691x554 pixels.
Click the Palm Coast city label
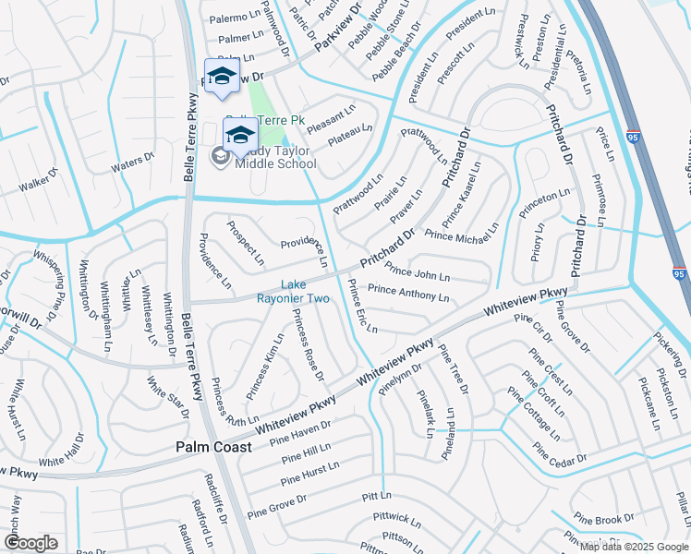[x=213, y=447]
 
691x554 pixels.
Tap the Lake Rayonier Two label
[x=293, y=291]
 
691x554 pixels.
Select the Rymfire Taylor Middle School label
[x=275, y=158]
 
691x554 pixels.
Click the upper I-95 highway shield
[x=634, y=135]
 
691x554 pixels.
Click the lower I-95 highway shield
[x=679, y=274]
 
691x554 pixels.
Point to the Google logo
[x=30, y=543]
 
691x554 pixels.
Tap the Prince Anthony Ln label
[x=408, y=293]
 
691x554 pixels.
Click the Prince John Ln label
[x=418, y=272]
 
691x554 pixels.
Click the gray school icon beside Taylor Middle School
[x=221, y=158]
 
